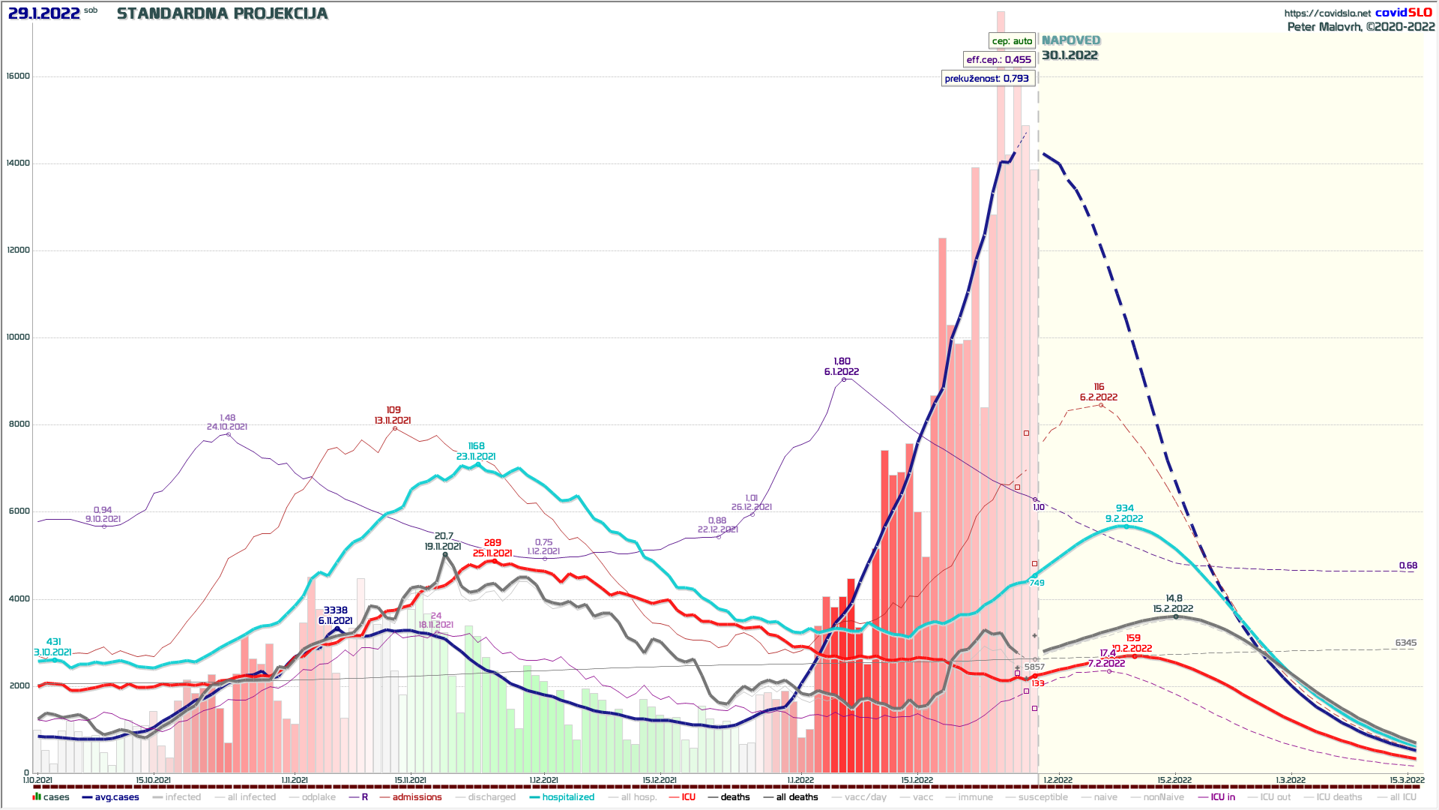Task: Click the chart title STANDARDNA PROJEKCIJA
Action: pos(223,13)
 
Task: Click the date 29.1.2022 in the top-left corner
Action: pos(43,13)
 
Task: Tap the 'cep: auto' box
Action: pos(1012,41)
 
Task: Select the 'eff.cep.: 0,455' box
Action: pos(998,60)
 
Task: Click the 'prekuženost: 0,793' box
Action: pos(986,79)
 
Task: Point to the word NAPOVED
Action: pos(1071,40)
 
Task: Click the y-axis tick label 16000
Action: pos(18,76)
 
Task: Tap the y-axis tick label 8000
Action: pos(18,424)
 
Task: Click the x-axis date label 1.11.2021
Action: pos(295,780)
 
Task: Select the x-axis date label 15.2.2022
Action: pos(1174,780)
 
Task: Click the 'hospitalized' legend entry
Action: pos(568,797)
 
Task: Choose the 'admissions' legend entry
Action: pos(417,797)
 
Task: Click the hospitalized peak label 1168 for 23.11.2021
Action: pos(476,446)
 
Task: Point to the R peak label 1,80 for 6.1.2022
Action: pos(842,361)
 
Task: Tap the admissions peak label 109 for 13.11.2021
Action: pos(393,410)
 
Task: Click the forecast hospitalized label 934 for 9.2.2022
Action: pos(1124,508)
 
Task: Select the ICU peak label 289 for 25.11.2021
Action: pos(492,543)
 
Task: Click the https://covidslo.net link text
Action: pos(1327,13)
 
